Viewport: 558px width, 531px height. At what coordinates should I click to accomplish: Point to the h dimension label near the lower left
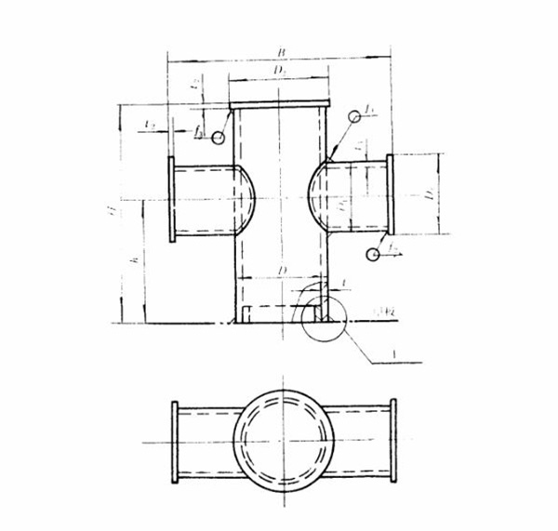pyautogui.click(x=135, y=263)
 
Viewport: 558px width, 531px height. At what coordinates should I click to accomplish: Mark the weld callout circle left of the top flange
pyautogui.click(x=218, y=138)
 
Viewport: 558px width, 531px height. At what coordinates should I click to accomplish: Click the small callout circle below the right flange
pyautogui.click(x=374, y=254)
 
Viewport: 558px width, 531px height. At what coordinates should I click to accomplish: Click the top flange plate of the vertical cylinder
pyautogui.click(x=279, y=104)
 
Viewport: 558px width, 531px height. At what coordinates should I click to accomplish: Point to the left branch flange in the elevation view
pyautogui.click(x=171, y=199)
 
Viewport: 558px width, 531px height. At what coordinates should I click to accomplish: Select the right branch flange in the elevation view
pyautogui.click(x=390, y=194)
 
